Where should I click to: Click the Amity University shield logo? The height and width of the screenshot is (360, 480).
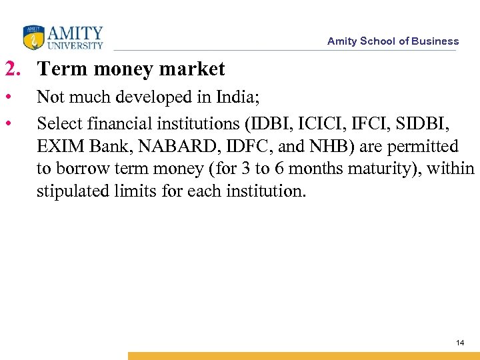click(32, 37)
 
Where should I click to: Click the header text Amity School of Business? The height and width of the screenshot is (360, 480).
click(393, 41)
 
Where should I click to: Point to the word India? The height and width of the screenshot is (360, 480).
click(235, 98)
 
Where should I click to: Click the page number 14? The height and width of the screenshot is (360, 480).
click(459, 343)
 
